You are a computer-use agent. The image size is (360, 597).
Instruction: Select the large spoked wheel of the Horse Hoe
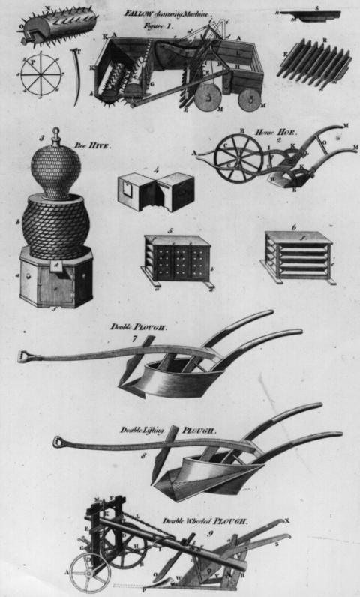(238, 160)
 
